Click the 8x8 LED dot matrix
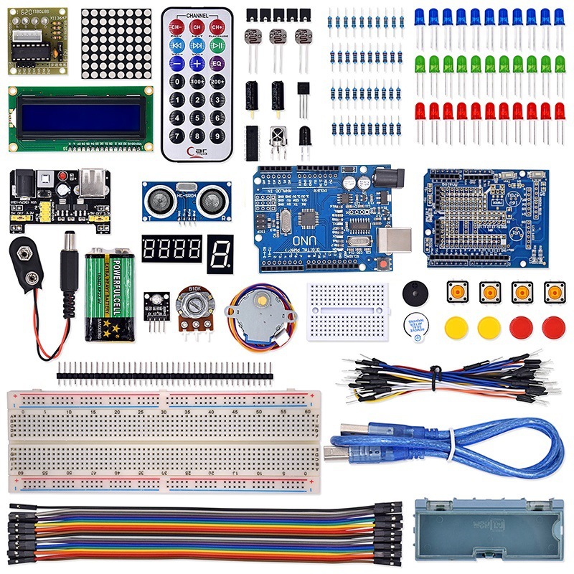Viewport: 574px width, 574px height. (116, 43)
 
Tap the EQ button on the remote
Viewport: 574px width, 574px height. (218, 63)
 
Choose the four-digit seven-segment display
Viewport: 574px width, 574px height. (171, 249)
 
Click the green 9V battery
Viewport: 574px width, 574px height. (109, 294)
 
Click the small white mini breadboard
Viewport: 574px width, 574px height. (347, 311)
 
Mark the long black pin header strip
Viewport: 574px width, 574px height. (164, 372)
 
